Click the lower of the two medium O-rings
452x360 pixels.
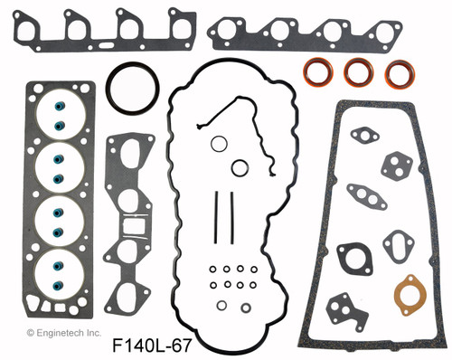coord(240,167)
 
